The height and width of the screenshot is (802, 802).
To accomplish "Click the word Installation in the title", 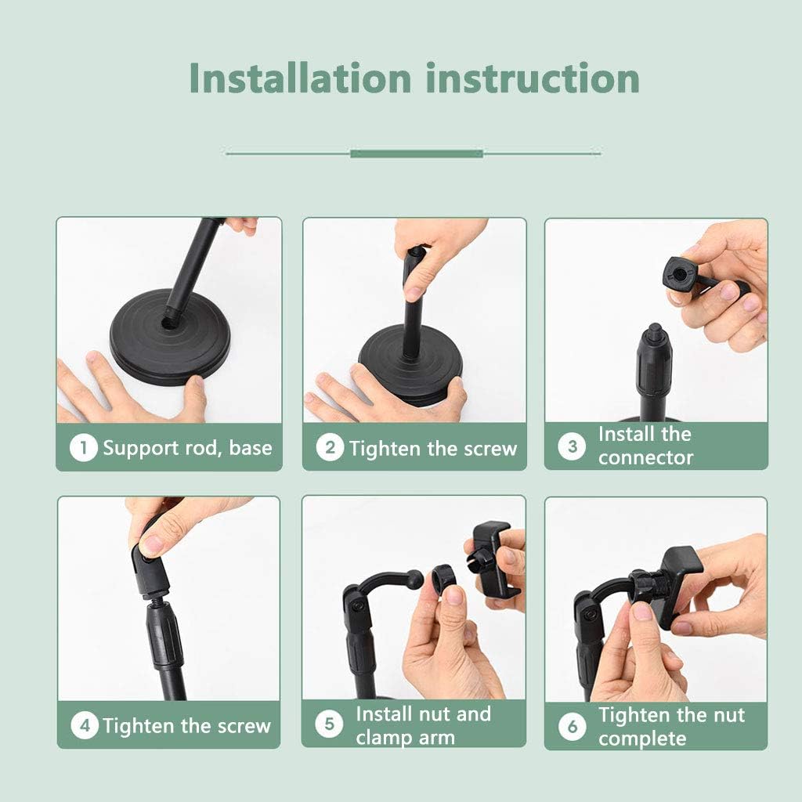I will click(300, 78).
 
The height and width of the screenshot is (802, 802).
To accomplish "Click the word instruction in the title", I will click(533, 78).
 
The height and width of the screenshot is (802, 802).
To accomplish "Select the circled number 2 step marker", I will click(330, 448).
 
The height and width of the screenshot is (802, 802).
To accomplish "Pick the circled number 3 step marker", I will click(572, 446).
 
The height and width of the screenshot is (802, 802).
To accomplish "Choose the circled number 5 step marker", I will click(329, 725).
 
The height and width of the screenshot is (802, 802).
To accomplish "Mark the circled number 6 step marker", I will click(572, 727).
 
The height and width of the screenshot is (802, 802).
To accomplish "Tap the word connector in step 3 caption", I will click(645, 458).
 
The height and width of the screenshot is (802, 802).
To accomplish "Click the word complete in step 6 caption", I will click(642, 739).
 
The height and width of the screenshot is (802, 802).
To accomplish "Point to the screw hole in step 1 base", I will click(170, 321).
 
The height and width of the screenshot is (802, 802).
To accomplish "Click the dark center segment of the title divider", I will click(416, 153).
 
